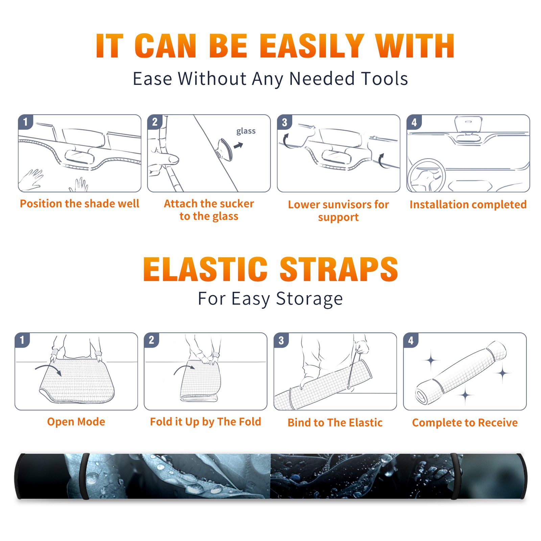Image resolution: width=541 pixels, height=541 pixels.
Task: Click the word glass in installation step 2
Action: pyautogui.click(x=246, y=131)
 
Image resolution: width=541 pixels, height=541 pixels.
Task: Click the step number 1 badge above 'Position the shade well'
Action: pyautogui.click(x=25, y=122)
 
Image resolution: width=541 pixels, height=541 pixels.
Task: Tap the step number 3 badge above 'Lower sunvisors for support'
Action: pyautogui.click(x=284, y=122)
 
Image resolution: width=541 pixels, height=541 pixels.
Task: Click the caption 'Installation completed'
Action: pyautogui.click(x=468, y=205)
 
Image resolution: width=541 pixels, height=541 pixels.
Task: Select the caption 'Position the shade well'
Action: pyautogui.click(x=79, y=204)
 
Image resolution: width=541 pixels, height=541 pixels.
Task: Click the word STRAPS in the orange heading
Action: pyautogui.click(x=339, y=269)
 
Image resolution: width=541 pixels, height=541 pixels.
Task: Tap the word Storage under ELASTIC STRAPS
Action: pyautogui.click(x=309, y=299)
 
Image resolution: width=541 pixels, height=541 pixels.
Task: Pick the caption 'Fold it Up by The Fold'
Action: pyautogui.click(x=206, y=422)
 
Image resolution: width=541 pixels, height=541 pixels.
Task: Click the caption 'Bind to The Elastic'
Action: pyautogui.click(x=335, y=423)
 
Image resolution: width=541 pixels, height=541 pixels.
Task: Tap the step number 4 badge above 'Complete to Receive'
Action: pyautogui.click(x=411, y=340)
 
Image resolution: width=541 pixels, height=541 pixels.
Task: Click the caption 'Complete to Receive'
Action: pyautogui.click(x=465, y=423)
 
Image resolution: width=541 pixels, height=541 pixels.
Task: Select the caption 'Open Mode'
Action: pyautogui.click(x=76, y=422)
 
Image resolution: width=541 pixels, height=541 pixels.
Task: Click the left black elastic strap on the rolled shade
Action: pyautogui.click(x=84, y=476)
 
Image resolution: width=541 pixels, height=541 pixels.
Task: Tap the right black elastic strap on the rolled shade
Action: pyautogui.click(x=456, y=476)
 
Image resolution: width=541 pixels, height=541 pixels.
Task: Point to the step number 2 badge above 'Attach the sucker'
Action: pyautogui.click(x=155, y=122)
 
